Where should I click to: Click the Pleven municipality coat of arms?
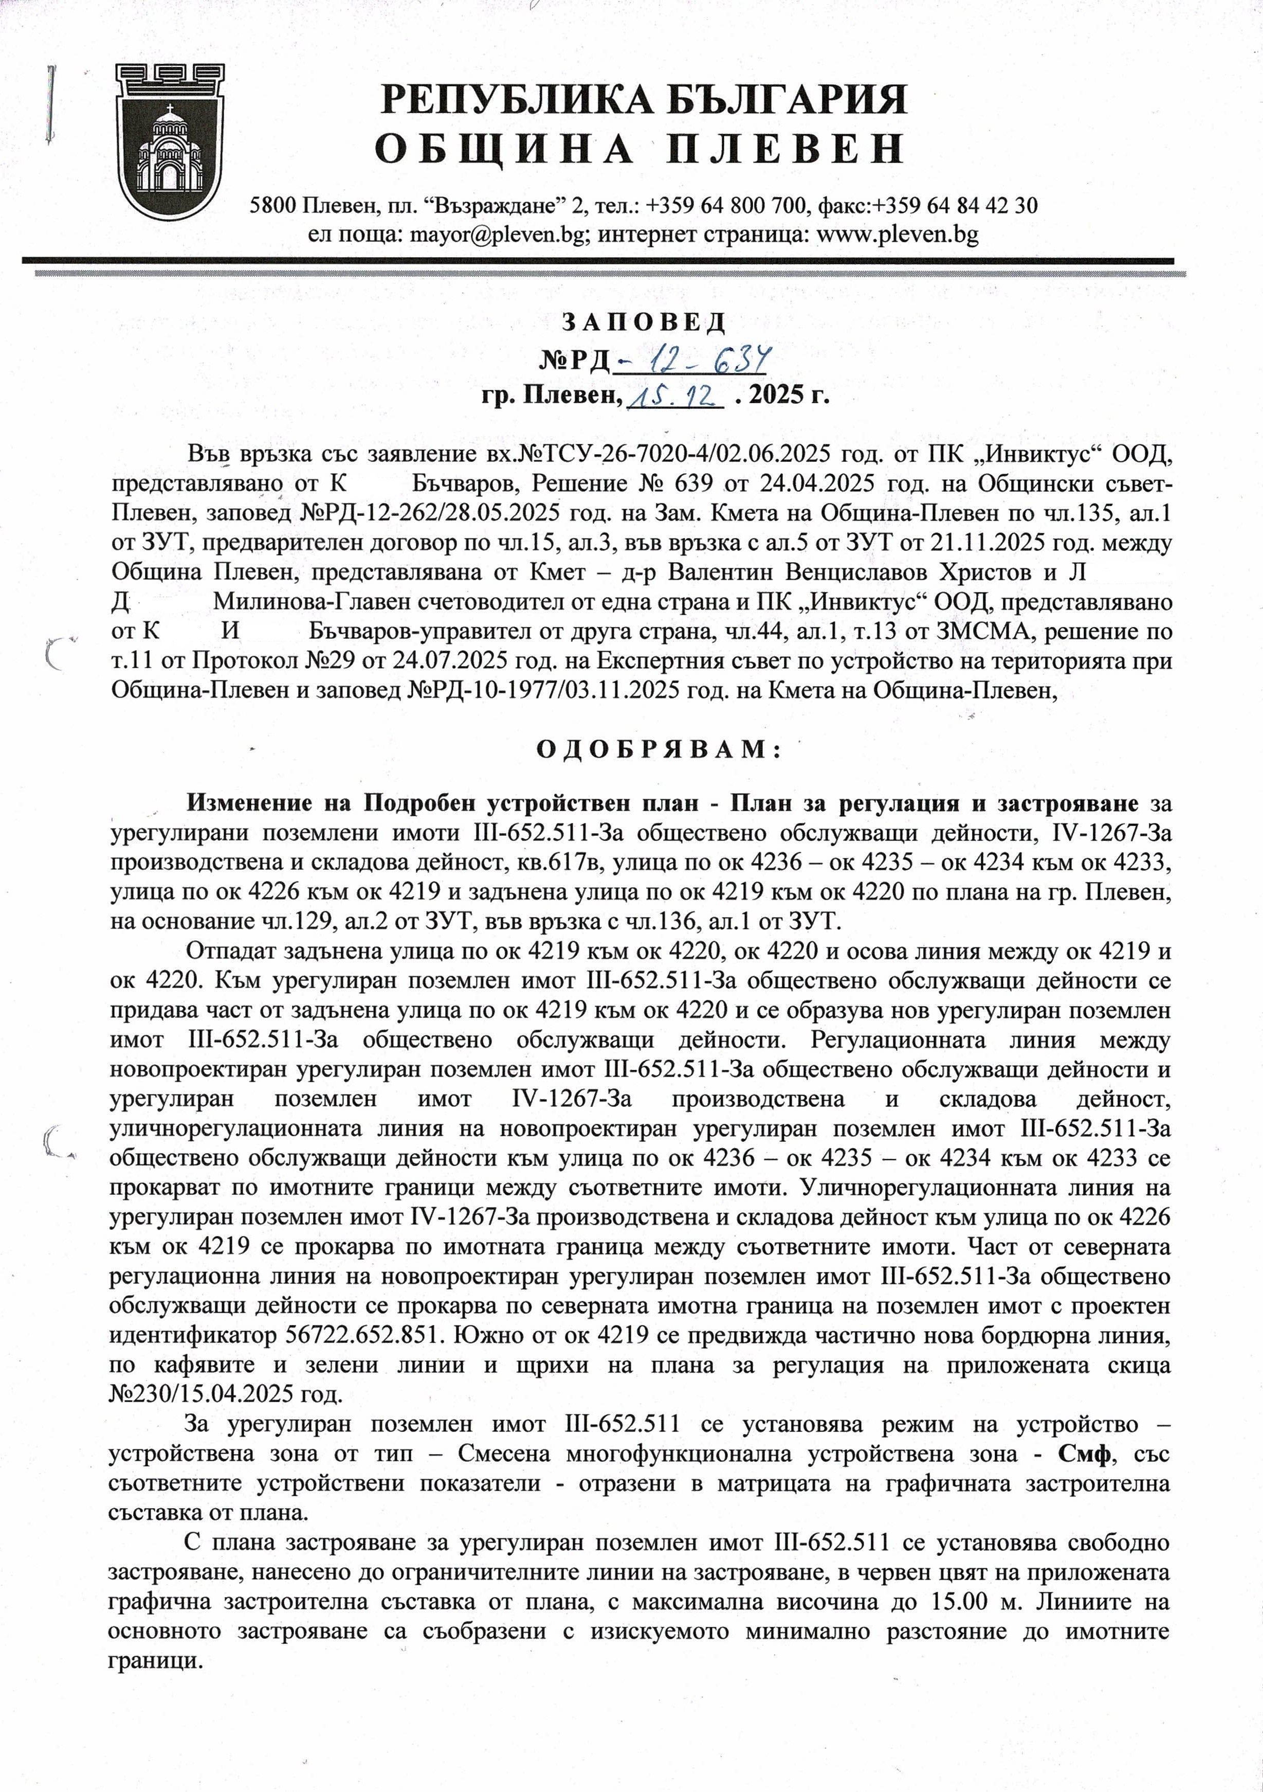coord(170,140)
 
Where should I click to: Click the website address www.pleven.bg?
coord(896,234)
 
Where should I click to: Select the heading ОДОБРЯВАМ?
coord(659,750)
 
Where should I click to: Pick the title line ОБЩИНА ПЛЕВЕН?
coord(639,148)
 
